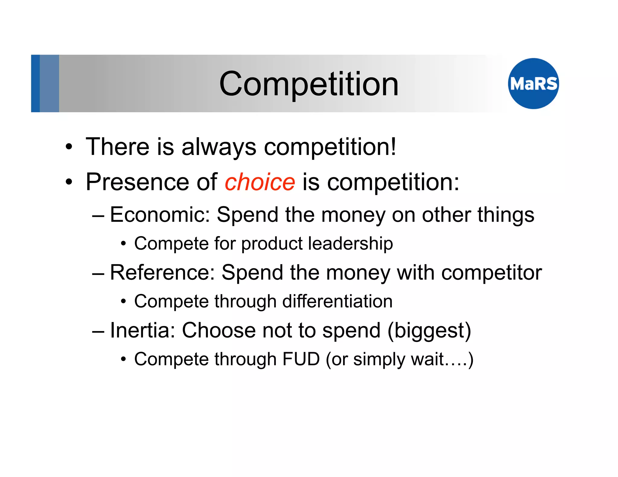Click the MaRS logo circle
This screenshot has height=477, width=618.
533,84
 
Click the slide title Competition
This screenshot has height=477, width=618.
309,84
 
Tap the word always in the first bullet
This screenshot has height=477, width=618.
219,147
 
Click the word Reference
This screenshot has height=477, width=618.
162,273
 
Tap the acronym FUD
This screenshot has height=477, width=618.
301,359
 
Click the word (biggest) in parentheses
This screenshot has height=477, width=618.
429,331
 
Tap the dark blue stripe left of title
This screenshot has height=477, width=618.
35,84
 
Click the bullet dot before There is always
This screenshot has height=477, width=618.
69,147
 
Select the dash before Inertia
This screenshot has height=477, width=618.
98,331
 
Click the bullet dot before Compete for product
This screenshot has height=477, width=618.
123,244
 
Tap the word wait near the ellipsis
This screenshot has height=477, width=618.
428,359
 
